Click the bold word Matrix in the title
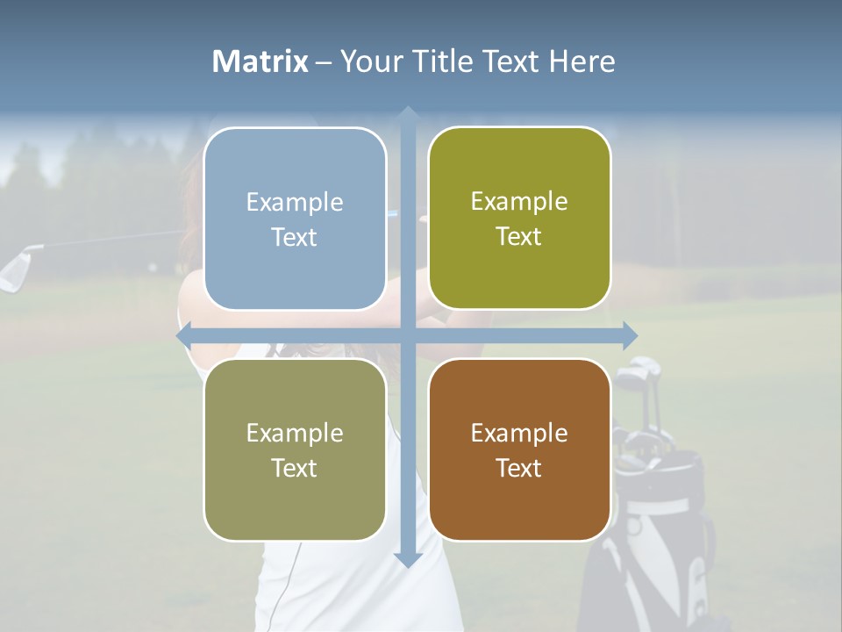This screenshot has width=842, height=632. [260, 61]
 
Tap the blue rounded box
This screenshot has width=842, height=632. [295, 219]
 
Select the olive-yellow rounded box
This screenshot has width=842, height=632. [519, 219]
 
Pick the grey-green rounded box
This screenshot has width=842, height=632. [295, 449]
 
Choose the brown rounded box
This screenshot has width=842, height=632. [519, 449]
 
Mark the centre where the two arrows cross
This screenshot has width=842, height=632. [408, 335]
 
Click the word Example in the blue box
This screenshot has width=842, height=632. [295, 203]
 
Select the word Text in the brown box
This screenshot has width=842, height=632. [519, 468]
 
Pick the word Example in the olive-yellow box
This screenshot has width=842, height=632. [519, 202]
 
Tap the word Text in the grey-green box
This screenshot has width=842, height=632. [295, 468]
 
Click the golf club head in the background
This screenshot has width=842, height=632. [18, 269]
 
